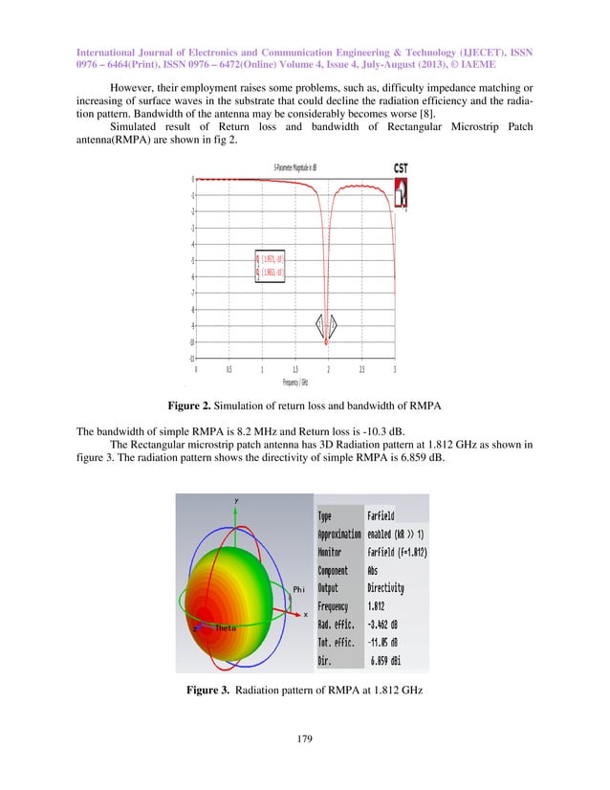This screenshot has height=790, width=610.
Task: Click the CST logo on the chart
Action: click(x=400, y=168)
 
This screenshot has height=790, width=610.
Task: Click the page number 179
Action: click(x=304, y=738)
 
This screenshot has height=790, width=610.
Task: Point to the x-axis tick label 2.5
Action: click(x=361, y=367)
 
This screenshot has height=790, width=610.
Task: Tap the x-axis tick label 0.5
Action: click(x=229, y=367)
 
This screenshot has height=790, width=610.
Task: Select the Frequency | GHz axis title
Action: click(x=294, y=381)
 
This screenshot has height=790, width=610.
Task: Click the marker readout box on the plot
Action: click(x=269, y=265)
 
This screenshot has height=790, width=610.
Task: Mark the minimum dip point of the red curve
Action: click(x=327, y=341)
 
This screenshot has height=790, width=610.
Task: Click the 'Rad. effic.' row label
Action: click(x=338, y=625)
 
